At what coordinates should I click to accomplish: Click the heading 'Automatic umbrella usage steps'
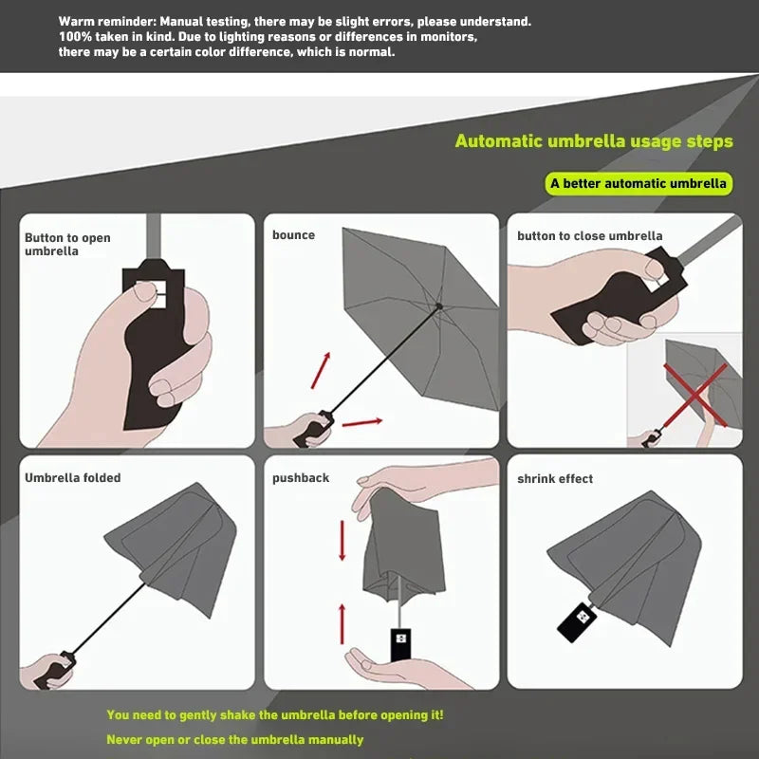[594, 141]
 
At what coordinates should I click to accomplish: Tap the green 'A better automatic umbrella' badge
[639, 183]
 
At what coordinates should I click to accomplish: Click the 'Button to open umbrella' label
[67, 244]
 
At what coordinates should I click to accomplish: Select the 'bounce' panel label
[293, 235]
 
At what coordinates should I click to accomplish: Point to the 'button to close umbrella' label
[589, 236]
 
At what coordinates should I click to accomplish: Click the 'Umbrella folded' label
[73, 478]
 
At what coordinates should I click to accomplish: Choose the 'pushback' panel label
[301, 478]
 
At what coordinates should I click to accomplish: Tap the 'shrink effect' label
[555, 479]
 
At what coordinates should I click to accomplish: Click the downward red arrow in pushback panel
[342, 540]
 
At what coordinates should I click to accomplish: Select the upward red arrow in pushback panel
[342, 622]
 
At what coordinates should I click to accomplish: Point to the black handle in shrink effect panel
[575, 620]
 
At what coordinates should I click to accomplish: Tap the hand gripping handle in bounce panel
[307, 429]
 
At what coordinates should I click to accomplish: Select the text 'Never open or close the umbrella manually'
[234, 739]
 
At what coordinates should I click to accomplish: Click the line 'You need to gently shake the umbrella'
[275, 714]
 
